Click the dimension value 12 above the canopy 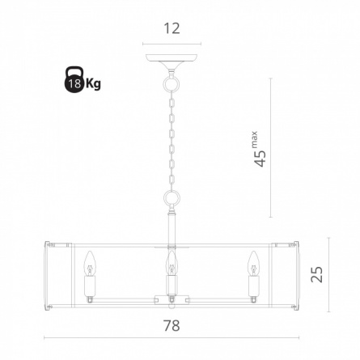coord(172,28)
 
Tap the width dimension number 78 coord(172,325)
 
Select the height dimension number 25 coord(316,274)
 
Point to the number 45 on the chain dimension coord(260,159)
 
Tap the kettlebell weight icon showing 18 coord(74,80)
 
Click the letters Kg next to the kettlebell coord(93,83)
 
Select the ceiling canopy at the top coord(172,61)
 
